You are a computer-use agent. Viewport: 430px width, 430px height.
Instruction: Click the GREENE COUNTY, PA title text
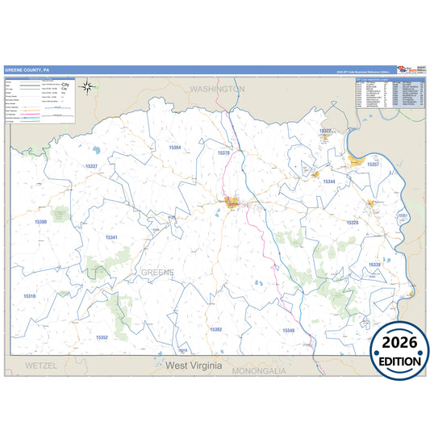27,69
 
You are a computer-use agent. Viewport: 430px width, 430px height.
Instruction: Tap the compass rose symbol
90,88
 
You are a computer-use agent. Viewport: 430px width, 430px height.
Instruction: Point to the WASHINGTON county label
217,89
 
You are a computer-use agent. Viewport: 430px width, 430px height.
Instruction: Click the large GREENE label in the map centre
158,272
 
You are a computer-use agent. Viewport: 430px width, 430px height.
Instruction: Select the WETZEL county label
41,365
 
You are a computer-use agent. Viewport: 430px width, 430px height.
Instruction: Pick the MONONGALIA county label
259,371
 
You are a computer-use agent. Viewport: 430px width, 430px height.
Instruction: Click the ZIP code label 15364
175,147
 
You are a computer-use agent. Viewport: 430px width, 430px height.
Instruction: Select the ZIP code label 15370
224,152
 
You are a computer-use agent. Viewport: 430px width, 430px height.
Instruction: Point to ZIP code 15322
325,131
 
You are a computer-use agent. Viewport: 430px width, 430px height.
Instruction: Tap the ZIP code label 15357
373,164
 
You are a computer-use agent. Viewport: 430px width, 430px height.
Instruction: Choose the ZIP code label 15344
329,182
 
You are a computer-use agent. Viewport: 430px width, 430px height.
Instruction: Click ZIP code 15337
91,166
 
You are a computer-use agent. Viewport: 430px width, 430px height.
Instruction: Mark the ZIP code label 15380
41,221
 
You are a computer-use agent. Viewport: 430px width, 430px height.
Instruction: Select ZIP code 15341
112,237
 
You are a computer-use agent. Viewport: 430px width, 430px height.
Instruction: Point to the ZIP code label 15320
352,223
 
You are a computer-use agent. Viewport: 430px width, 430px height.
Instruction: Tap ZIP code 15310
29,296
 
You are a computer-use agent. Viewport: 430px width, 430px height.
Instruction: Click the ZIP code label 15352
102,337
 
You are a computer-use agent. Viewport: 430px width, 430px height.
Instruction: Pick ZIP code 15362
215,329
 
